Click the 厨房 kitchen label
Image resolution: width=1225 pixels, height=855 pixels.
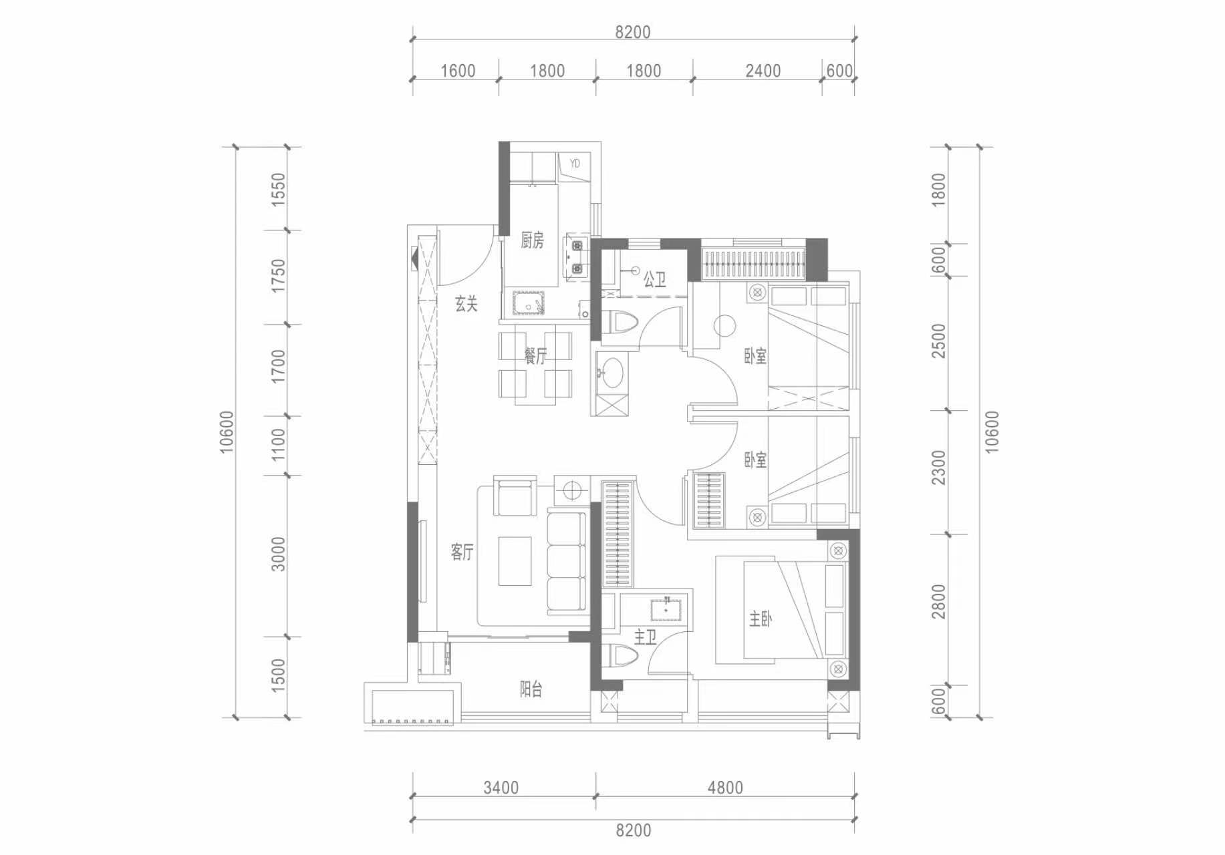click(x=532, y=240)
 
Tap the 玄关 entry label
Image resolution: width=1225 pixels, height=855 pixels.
click(x=466, y=304)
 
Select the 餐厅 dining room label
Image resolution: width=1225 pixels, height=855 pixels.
click(x=535, y=355)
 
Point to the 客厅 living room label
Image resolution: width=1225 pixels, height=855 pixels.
click(x=462, y=552)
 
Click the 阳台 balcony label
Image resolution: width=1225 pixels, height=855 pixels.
click(x=531, y=689)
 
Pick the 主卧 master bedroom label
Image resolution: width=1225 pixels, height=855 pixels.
click(x=760, y=620)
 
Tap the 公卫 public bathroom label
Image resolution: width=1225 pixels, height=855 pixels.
click(x=655, y=279)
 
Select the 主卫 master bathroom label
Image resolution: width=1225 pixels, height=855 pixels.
click(x=645, y=637)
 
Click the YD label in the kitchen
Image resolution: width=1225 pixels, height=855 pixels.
click(x=575, y=163)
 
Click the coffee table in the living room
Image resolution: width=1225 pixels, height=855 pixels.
click(x=515, y=561)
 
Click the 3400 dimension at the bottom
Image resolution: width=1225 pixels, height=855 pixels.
click(x=501, y=788)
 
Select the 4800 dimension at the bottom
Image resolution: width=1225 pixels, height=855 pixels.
click(x=725, y=788)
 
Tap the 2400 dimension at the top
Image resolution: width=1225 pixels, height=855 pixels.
click(x=763, y=71)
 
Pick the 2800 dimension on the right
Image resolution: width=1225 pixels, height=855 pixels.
click(x=939, y=601)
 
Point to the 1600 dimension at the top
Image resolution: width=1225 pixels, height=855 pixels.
click(x=458, y=71)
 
